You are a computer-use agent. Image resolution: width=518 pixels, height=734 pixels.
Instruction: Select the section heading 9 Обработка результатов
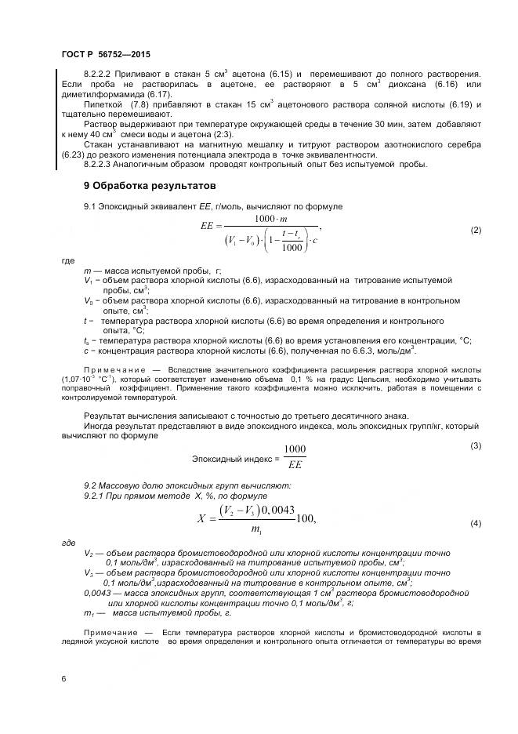(150, 186)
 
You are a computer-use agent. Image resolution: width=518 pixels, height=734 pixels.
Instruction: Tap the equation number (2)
(475, 231)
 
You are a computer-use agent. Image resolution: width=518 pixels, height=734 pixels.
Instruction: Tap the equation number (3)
(475, 446)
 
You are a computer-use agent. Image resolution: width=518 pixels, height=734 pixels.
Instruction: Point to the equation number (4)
(475, 523)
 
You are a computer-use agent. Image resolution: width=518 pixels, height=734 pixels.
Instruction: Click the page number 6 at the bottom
(63, 678)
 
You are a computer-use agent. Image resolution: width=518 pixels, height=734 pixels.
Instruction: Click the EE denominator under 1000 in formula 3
(295, 465)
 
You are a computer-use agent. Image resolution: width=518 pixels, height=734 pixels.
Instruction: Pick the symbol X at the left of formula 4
(201, 518)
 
